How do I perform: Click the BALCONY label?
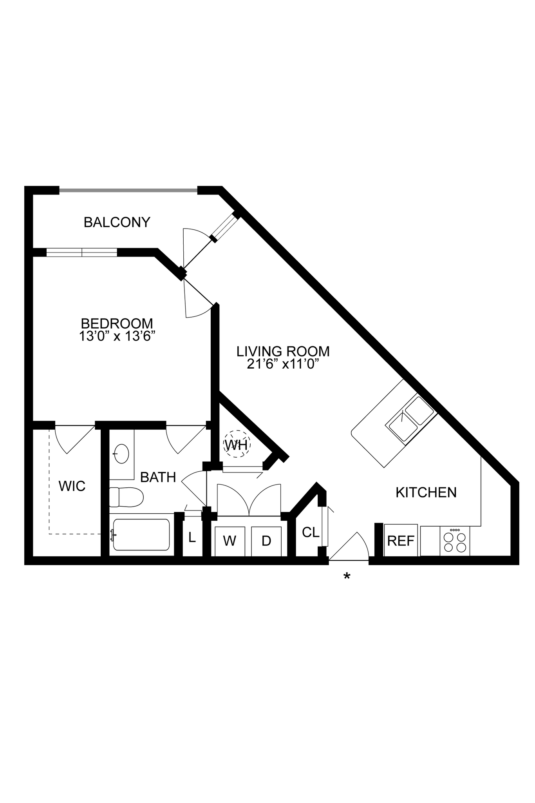117,222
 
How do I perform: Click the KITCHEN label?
426,492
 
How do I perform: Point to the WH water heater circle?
237,444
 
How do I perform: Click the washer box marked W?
230,541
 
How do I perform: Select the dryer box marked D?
266,541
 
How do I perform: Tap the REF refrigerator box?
401,541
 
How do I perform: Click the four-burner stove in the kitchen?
455,541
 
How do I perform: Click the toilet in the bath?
127,497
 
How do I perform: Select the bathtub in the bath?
141,534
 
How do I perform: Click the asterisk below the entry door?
347,576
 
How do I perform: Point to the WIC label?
72,486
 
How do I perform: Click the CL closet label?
311,532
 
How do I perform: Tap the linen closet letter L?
192,538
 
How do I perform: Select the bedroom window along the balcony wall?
81,252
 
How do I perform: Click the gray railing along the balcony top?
128,191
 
